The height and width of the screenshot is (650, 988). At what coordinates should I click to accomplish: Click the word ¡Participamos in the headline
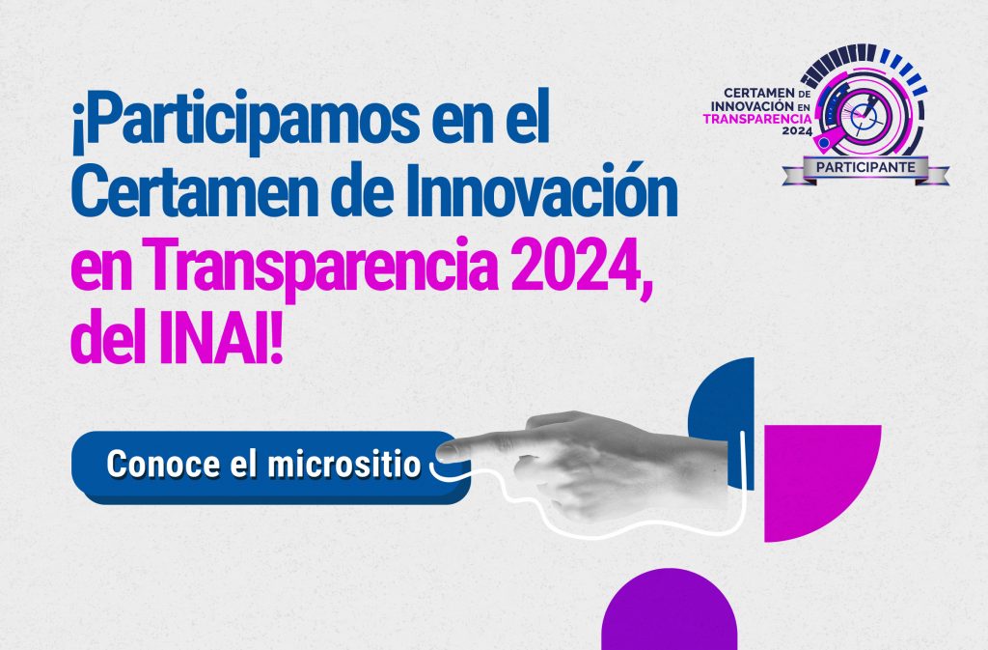tap(245, 120)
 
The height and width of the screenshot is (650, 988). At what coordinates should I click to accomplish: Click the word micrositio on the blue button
tap(344, 464)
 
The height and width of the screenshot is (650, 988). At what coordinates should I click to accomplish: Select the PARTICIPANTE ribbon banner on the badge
tap(865, 168)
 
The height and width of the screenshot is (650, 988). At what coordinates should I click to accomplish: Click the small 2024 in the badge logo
tap(796, 131)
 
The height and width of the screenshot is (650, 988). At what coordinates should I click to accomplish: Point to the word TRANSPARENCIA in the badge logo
tap(757, 119)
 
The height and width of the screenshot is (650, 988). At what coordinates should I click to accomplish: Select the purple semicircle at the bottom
tap(670, 611)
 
